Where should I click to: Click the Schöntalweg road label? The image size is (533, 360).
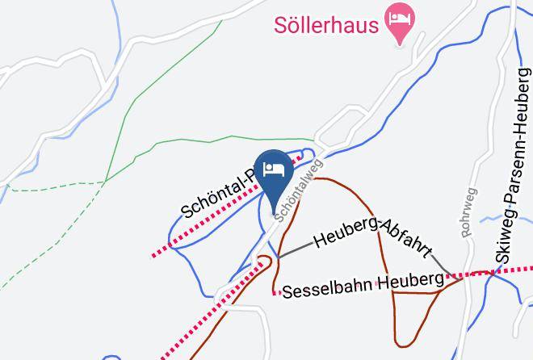pos(299,188)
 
